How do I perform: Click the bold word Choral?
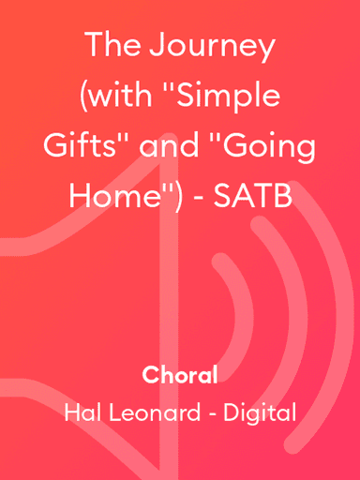[x=180, y=376]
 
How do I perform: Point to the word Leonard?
[x=152, y=412]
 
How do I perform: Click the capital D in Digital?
[x=232, y=412]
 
